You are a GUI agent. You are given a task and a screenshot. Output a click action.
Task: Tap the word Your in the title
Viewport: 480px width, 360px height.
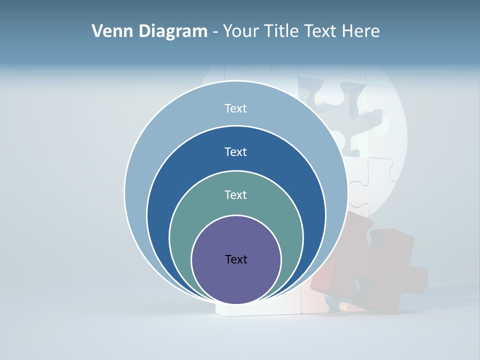[240, 31]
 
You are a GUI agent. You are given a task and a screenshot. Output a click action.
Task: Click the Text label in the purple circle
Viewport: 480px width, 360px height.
[236, 259]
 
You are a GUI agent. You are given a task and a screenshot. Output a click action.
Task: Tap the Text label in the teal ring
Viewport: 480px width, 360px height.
[236, 194]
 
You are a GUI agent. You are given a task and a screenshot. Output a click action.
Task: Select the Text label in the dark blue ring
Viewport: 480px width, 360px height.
[236, 151]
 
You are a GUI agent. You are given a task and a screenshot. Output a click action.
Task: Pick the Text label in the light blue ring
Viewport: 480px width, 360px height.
[236, 108]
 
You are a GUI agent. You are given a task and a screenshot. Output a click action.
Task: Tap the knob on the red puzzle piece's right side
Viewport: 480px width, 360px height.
[420, 280]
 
